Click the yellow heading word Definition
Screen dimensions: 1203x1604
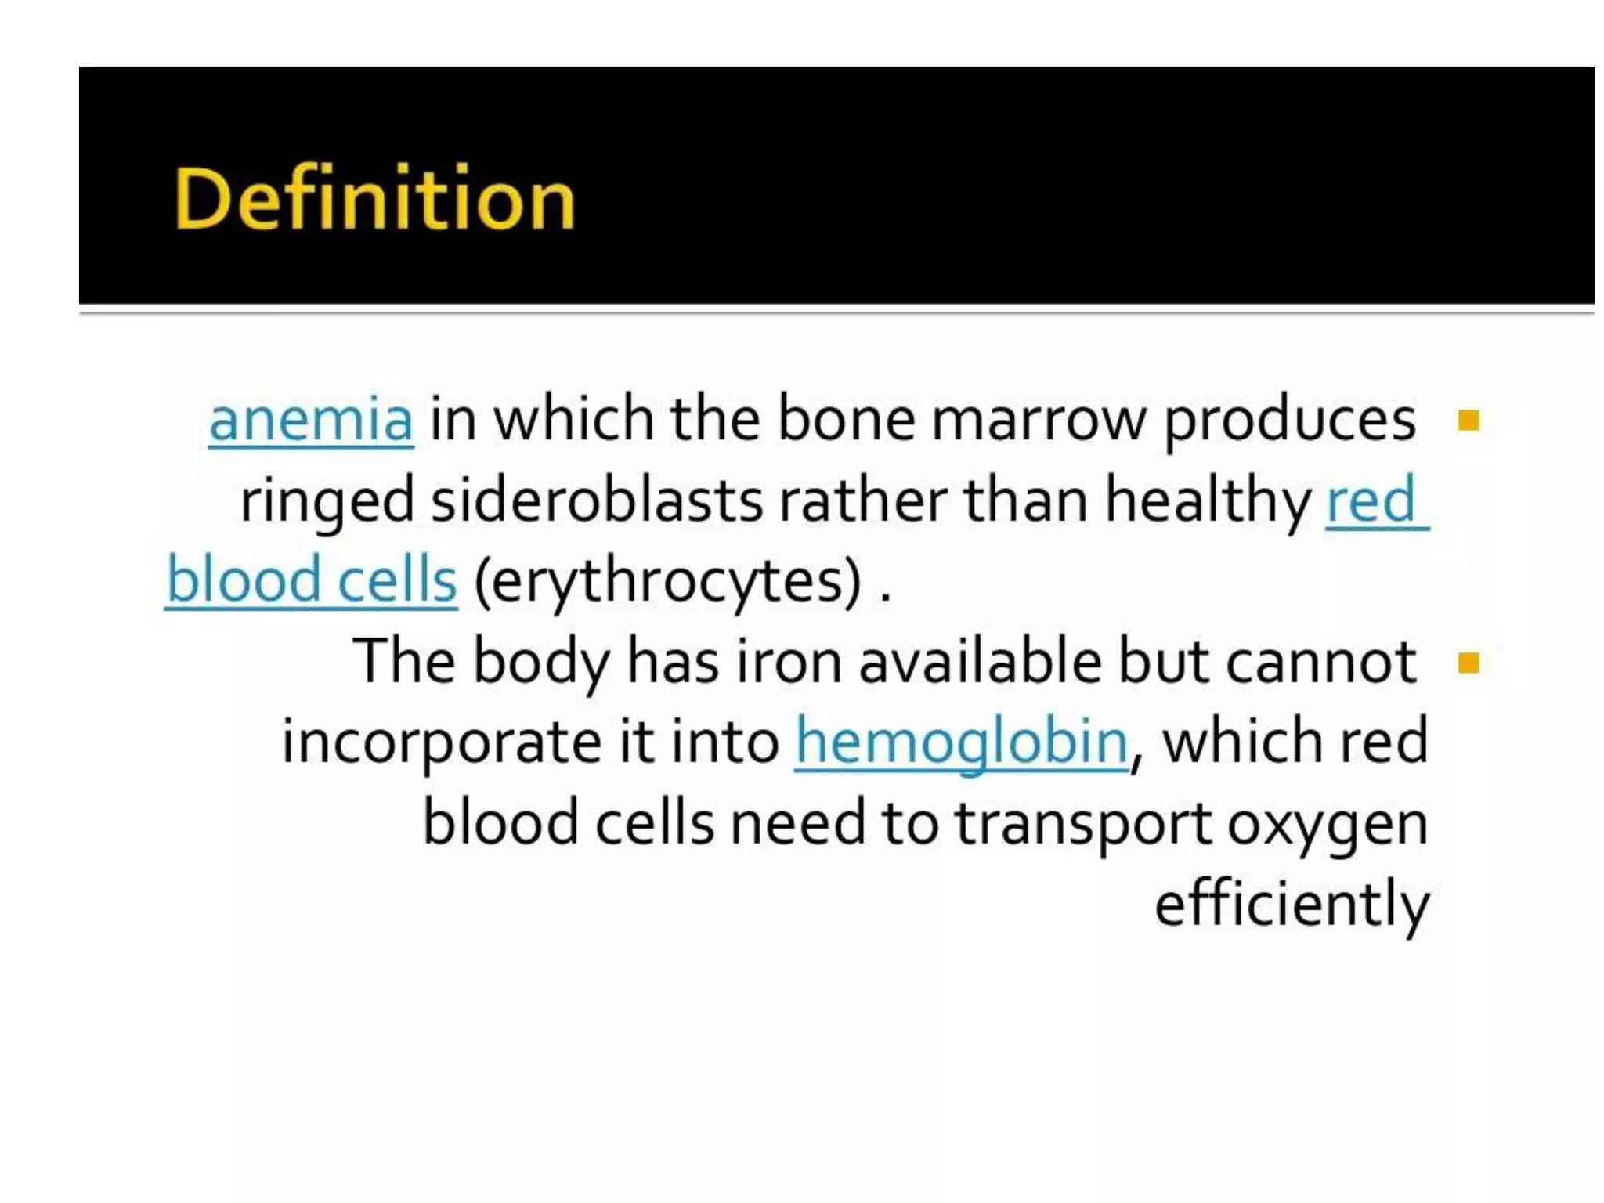(374, 199)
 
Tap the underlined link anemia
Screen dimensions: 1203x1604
(311, 420)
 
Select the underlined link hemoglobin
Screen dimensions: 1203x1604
(962, 742)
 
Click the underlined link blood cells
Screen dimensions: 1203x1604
(312, 580)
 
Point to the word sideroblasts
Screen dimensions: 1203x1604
(596, 500)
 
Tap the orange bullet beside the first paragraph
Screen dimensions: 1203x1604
(1469, 421)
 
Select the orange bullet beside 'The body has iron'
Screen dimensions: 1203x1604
(1469, 663)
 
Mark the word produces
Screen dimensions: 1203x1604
(1289, 421)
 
